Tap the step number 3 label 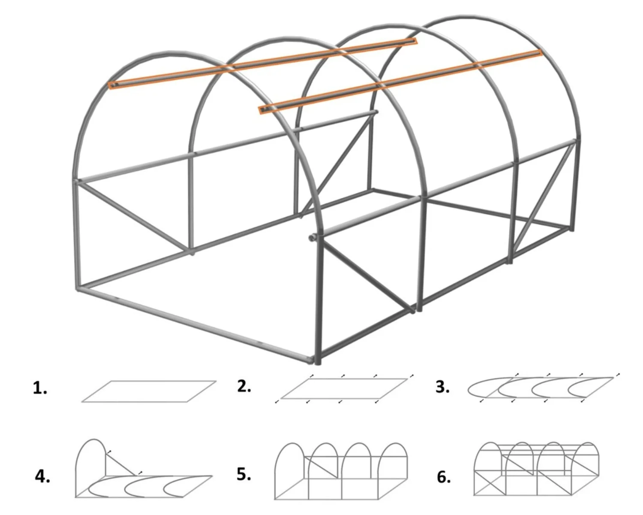point(442,387)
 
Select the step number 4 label point(42,476)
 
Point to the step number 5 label point(244,474)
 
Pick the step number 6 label point(444,477)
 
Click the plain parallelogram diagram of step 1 point(149,391)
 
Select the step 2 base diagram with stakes point(344,388)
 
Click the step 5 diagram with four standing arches point(341,471)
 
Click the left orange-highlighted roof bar point(263,64)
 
